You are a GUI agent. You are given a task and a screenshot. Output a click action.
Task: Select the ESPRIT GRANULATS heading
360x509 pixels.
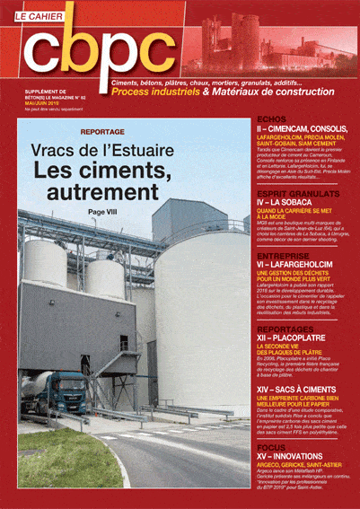[x=296, y=193]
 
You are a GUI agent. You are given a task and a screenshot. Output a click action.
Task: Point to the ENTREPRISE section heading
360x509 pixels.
[x=283, y=256]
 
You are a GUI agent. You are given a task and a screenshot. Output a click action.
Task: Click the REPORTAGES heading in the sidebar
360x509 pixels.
[x=285, y=329]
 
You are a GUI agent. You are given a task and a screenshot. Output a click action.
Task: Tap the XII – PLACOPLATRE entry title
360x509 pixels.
[x=296, y=339]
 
